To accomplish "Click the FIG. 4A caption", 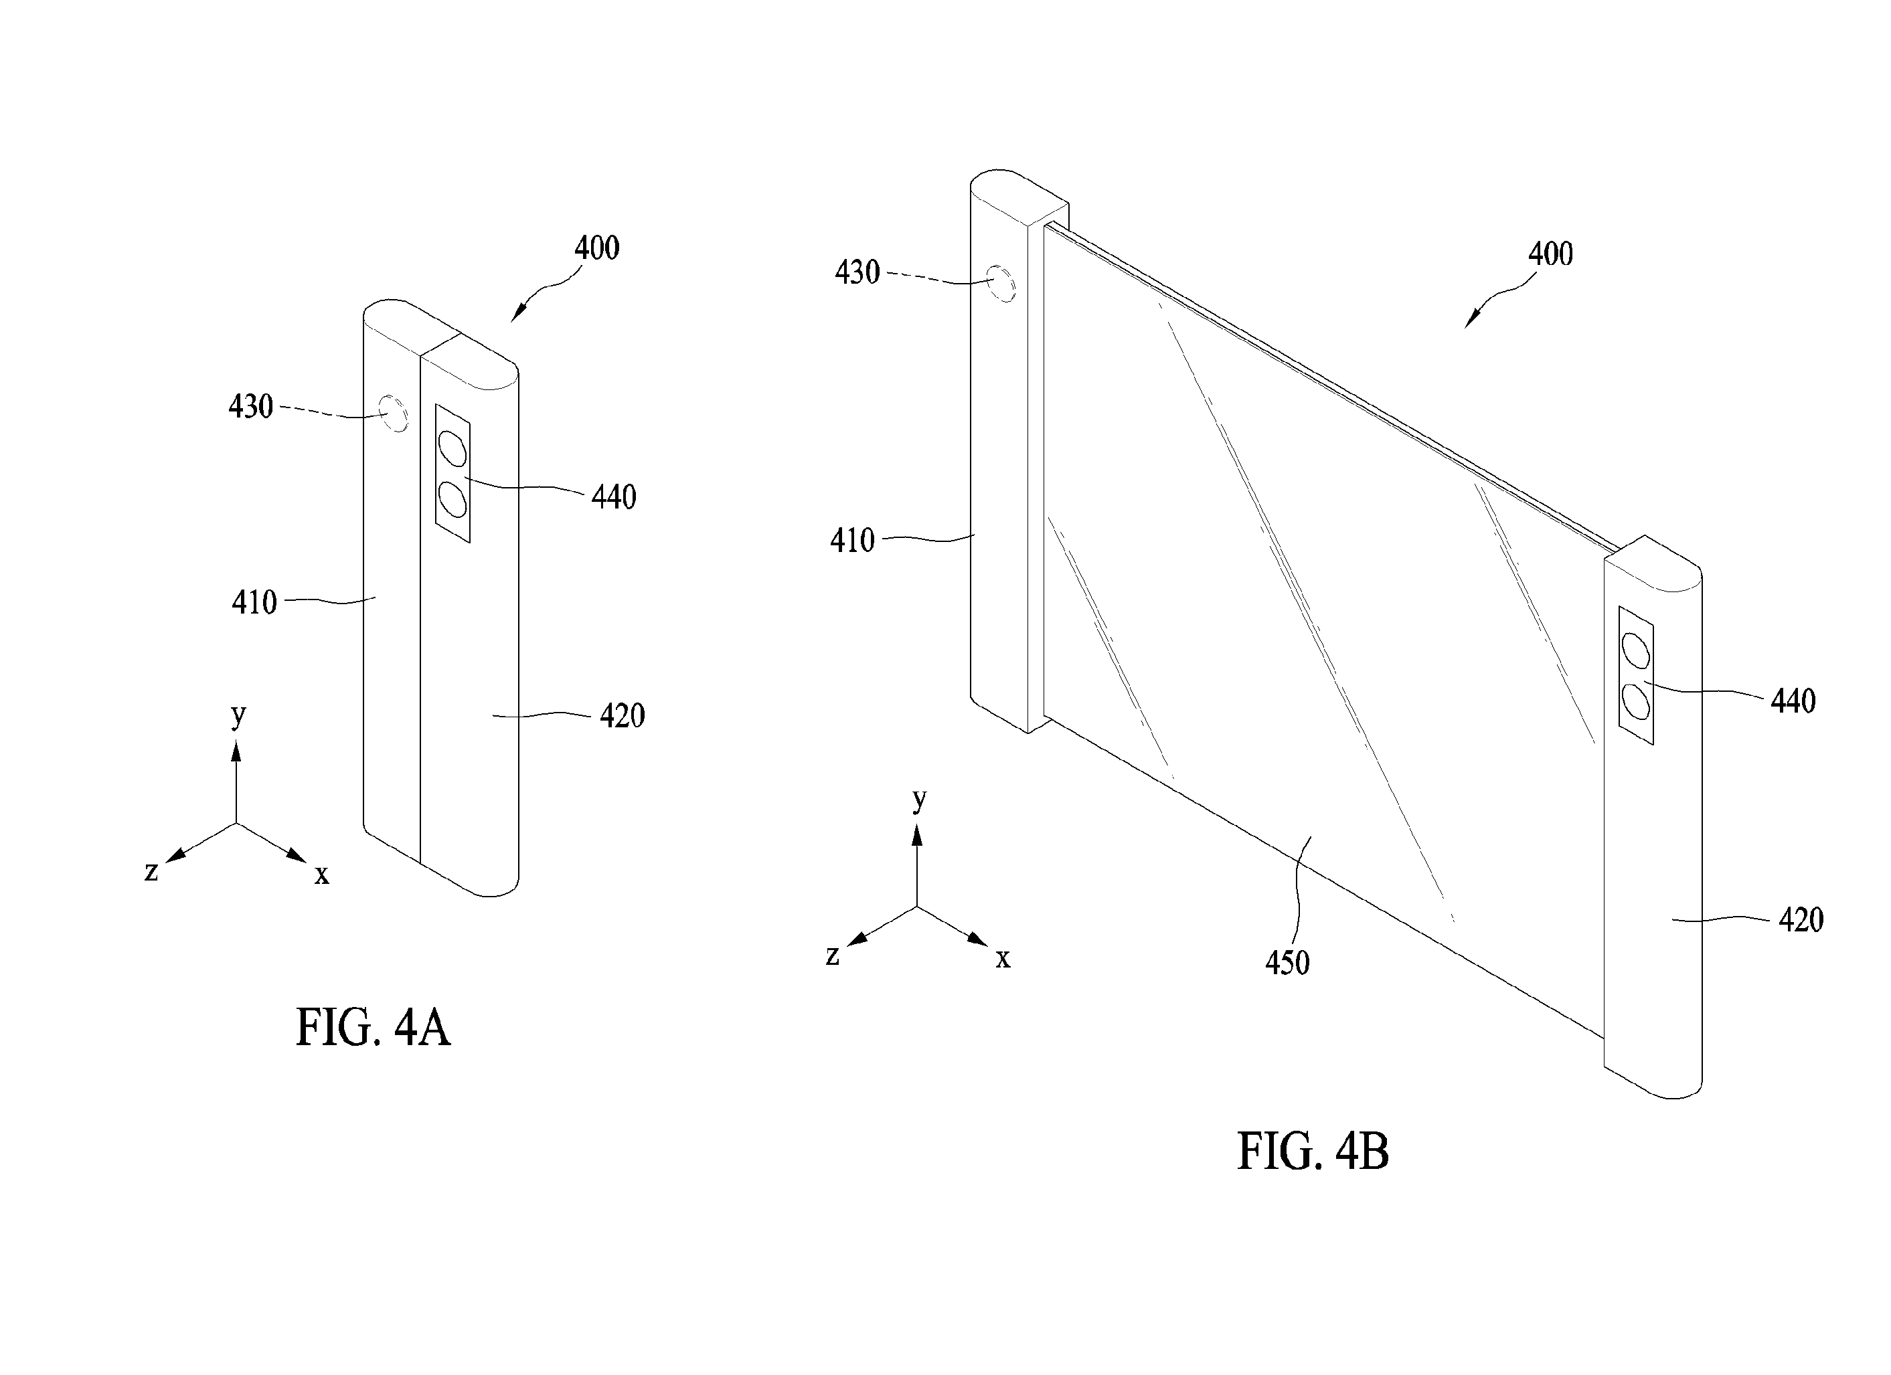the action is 374,1028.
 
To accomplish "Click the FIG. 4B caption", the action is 1313,1152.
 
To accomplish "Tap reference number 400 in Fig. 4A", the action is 597,248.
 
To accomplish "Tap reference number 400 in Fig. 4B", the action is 1551,254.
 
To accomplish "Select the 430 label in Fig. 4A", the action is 251,407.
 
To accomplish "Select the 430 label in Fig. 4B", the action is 858,272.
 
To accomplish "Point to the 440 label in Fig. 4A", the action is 614,498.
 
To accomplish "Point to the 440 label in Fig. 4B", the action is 1793,702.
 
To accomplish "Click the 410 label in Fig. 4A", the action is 254,602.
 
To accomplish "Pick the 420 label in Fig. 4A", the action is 623,716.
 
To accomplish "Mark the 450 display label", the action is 1288,964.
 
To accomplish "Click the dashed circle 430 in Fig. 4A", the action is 394,414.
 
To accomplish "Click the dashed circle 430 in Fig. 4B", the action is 1001,283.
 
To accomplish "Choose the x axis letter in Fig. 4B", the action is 1003,959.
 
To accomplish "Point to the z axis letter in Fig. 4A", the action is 151,872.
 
